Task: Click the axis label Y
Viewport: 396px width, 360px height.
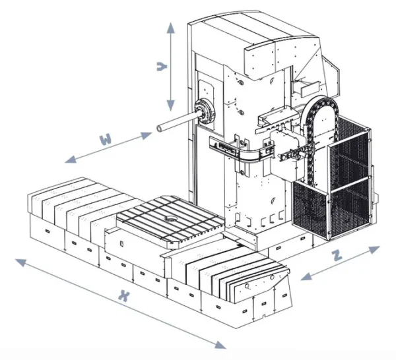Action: pos(160,67)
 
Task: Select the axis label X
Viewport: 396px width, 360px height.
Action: pos(122,296)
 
